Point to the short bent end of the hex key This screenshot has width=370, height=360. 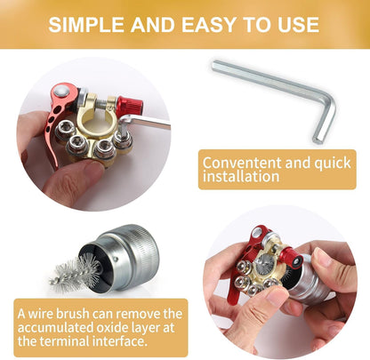pyautogui.click(x=321, y=124)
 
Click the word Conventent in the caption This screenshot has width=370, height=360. pyautogui.click(x=238, y=163)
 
